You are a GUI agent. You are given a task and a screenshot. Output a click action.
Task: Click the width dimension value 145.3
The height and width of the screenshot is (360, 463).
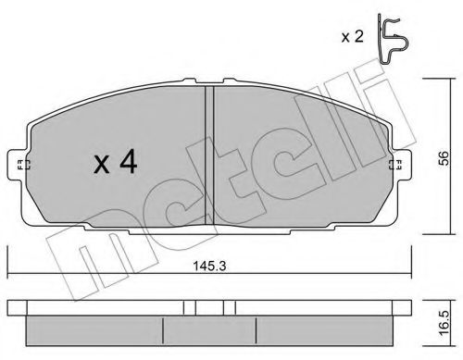(x=209, y=266)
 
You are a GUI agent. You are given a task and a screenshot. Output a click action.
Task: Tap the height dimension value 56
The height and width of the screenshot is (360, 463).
(x=444, y=158)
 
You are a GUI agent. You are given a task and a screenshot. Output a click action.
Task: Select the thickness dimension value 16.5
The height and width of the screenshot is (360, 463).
(x=444, y=323)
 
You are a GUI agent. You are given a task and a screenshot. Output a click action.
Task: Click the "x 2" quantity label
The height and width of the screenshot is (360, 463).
(x=352, y=37)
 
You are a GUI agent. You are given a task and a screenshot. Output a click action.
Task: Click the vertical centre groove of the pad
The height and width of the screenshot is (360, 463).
(x=209, y=155)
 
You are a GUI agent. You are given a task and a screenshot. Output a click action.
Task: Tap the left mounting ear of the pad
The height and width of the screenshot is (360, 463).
(x=18, y=164)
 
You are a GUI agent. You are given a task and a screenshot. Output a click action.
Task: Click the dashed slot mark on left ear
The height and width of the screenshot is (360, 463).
(x=22, y=165)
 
